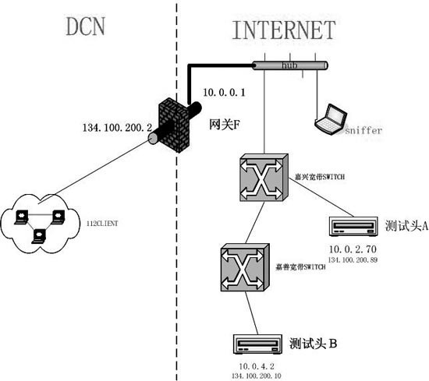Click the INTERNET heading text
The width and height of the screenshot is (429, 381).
(283, 30)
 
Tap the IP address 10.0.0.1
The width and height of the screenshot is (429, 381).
(224, 92)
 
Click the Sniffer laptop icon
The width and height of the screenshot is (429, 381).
(330, 118)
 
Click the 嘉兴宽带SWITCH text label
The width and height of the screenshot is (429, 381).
(317, 177)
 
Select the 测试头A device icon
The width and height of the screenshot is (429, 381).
(355, 227)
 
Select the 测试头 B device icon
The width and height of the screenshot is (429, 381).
(257, 344)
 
